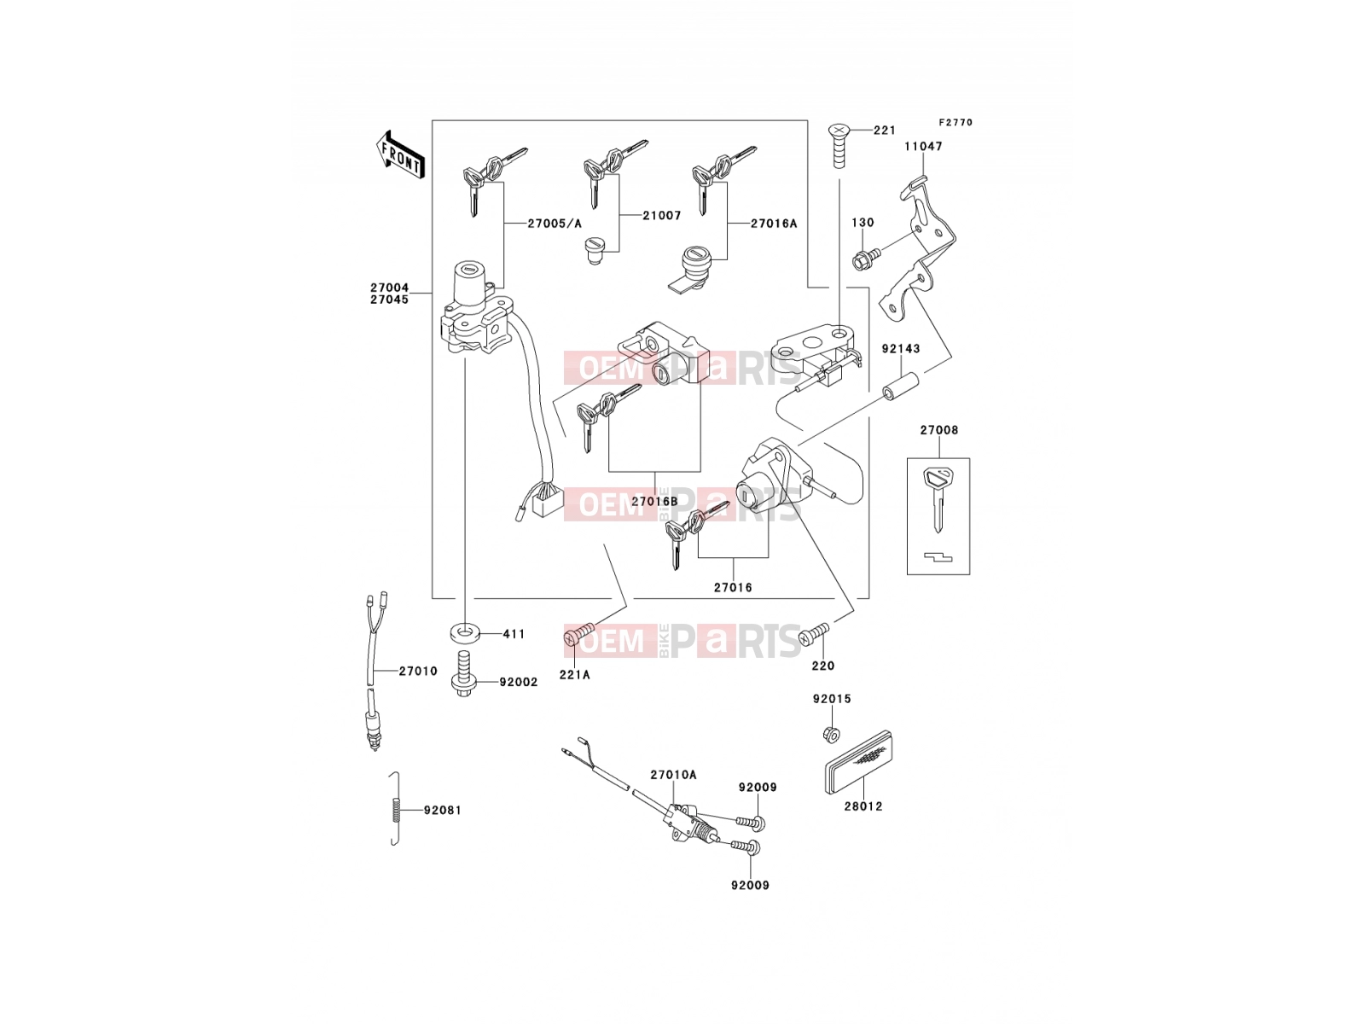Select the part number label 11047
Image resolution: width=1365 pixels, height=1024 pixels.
[x=923, y=147]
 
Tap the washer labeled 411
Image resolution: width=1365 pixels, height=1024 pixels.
[x=462, y=633]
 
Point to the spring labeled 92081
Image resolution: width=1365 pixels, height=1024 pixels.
[x=395, y=808]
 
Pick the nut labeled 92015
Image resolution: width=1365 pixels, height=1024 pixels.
[x=831, y=734]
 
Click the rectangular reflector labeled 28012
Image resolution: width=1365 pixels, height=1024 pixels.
[x=862, y=762]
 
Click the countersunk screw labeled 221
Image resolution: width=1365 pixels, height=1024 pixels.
[x=839, y=145]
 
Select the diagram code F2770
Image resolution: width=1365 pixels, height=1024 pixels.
[x=955, y=123]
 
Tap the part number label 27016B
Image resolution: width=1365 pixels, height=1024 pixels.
[x=655, y=501]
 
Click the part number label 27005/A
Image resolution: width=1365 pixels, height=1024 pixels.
[x=555, y=224]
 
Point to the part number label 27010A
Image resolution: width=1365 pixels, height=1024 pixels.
[x=673, y=775]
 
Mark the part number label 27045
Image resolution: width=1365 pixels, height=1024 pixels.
[x=389, y=300]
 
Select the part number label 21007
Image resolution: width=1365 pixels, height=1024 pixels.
[x=662, y=215]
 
